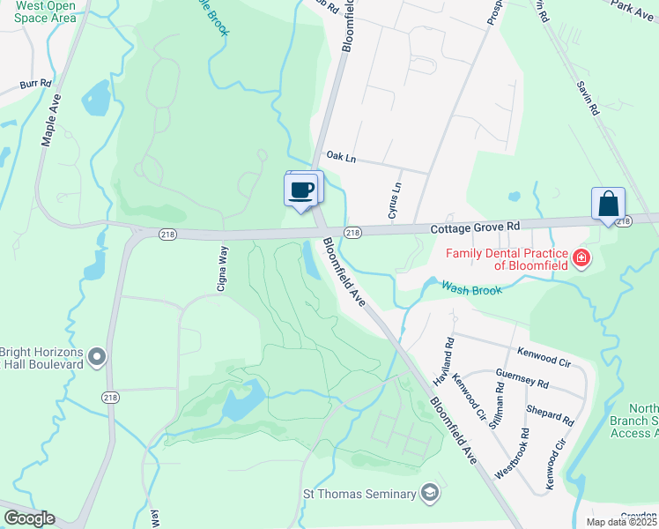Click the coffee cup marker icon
coord(301,190)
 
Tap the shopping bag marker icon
coord(608,205)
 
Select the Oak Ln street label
coord(340,156)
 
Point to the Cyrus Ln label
coord(394,201)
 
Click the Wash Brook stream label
coord(471,288)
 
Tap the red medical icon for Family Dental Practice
coord(581,258)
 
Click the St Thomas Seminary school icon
coord(430,491)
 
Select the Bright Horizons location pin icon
coord(98,357)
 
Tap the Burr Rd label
coord(36,86)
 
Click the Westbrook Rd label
coord(514,453)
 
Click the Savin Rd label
coord(589,99)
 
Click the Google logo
coord(29,518)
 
